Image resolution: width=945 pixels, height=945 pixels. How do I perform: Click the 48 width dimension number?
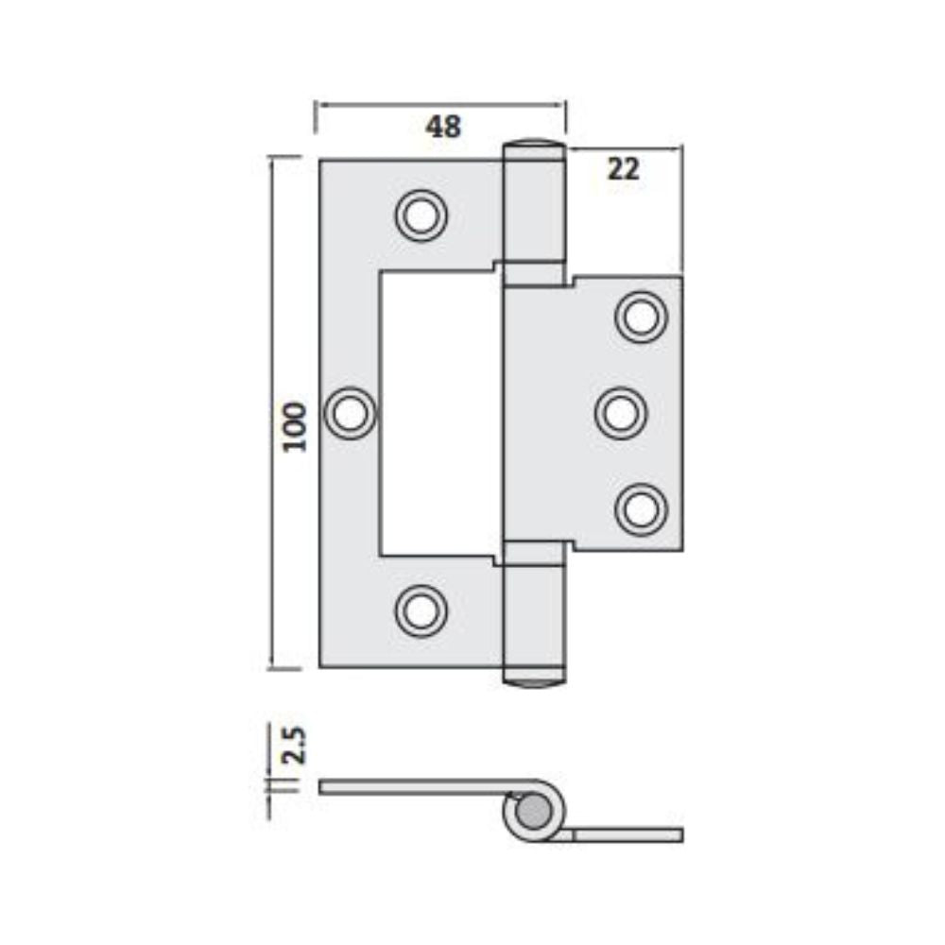443,127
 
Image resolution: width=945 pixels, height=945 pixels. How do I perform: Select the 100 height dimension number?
295,426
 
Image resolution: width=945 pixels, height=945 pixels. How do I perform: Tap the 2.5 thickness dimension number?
295,744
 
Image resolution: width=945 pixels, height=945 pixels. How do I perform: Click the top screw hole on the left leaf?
421,215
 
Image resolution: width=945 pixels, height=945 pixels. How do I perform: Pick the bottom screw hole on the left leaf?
421,610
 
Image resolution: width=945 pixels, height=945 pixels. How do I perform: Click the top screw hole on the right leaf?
641,317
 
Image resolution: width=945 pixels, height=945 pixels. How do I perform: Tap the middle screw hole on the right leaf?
621,413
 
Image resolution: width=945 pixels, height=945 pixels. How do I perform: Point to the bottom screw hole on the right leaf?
641,509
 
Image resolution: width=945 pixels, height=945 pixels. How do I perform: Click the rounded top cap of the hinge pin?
534,146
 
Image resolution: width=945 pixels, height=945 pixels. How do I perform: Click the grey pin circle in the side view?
533,812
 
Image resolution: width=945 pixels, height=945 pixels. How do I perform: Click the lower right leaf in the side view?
628,834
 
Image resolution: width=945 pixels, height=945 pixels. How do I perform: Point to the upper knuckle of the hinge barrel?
534,213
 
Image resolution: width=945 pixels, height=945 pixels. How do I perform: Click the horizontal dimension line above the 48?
439,105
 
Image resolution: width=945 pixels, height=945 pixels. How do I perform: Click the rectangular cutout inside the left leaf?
439,413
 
